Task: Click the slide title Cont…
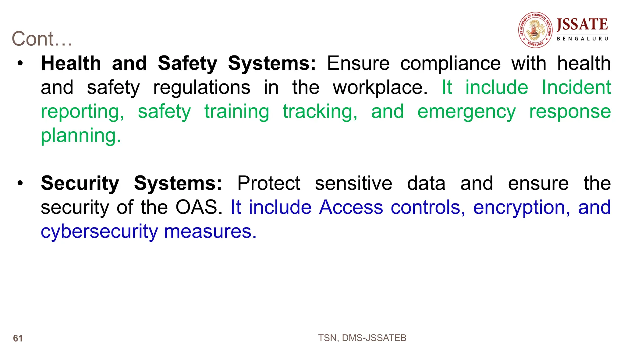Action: click(x=42, y=39)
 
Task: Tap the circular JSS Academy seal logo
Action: click(x=535, y=30)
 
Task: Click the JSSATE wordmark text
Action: click(x=582, y=25)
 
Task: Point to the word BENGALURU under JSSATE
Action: click(x=582, y=39)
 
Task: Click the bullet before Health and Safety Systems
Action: click(x=20, y=63)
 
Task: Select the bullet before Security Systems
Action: click(x=20, y=183)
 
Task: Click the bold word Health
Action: click(x=71, y=63)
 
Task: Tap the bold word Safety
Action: click(x=187, y=63)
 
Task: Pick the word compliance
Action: click(x=450, y=63)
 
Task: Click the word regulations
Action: click(x=202, y=87)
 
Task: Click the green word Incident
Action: click(x=576, y=87)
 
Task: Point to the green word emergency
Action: click(x=466, y=111)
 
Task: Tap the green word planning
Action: click(x=81, y=136)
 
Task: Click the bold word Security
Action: click(x=80, y=183)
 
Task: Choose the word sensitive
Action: click(x=353, y=183)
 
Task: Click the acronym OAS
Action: click(x=199, y=207)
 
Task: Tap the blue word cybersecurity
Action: click(x=99, y=231)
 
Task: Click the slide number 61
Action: click(x=18, y=338)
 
